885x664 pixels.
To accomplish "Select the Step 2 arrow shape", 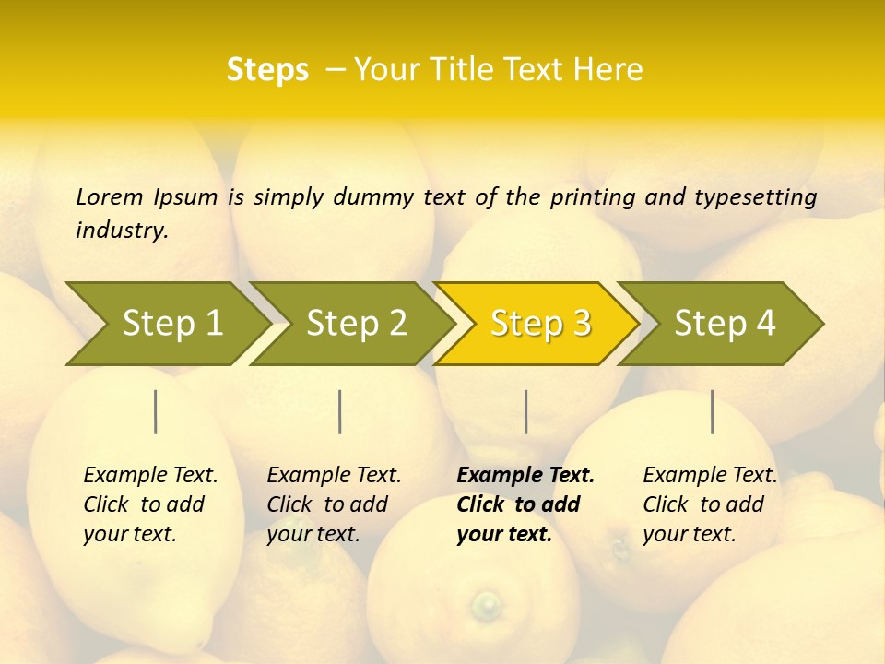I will [355, 324].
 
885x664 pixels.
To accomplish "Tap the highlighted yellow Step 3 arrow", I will [539, 324].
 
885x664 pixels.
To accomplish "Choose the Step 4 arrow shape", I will [724, 324].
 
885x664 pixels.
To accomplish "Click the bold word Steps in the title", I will [267, 70].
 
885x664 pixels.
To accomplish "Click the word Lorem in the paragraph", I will [109, 196].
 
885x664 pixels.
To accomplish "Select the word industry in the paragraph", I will [122, 231].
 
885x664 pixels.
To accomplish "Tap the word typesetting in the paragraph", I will [755, 197].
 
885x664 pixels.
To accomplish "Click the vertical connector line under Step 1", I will [156, 411].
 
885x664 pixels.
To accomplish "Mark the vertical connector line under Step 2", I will [340, 411].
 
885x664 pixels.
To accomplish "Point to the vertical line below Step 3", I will [525, 411].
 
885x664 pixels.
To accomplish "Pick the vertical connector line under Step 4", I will [712, 411].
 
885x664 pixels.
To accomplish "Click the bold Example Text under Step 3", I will [525, 476].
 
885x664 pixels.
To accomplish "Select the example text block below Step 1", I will [150, 504].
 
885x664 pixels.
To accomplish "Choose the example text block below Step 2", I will [334, 504].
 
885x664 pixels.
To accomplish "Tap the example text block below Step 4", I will [710, 504].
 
